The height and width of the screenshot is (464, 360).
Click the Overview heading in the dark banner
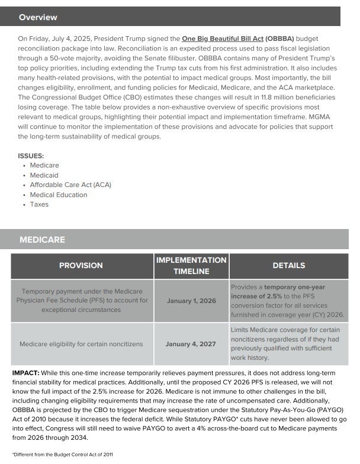tap(38, 18)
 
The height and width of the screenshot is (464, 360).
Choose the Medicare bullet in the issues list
tap(44, 165)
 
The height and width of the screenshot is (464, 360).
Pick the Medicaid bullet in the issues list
tap(44, 175)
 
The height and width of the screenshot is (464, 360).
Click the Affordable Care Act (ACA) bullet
tap(70, 185)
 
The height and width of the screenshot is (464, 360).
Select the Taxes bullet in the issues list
tap(39, 204)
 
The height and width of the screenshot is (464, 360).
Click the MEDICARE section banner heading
tap(42, 240)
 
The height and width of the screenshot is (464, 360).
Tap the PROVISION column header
tap(81, 266)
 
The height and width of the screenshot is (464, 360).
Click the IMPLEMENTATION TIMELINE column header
tap(191, 266)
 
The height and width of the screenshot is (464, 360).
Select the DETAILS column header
tap(289, 266)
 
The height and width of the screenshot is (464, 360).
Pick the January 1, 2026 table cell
tap(191, 301)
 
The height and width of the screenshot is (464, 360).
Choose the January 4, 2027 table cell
tap(191, 344)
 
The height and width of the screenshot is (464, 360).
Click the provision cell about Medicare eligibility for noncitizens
tap(82, 344)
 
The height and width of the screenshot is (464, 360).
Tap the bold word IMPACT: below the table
tap(25, 373)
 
